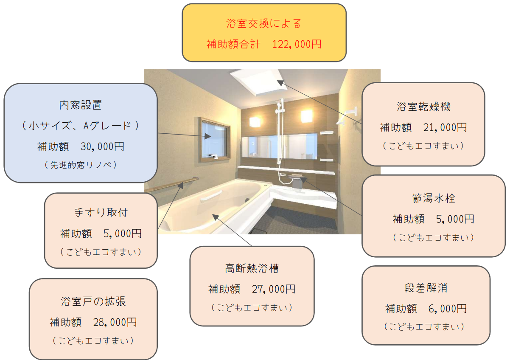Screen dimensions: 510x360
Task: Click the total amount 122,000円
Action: click(x=297, y=44)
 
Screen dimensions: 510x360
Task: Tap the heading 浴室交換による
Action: click(x=264, y=23)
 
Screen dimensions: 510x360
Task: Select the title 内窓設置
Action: click(x=80, y=105)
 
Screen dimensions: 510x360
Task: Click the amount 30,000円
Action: click(x=102, y=146)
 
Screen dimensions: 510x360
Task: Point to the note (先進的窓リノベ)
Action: click(x=81, y=165)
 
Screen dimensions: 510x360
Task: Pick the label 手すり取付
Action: click(x=101, y=213)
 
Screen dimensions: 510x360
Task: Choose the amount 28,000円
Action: click(x=115, y=322)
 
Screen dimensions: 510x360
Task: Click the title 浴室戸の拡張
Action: click(x=93, y=301)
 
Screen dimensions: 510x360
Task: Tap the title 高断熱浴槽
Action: click(x=252, y=268)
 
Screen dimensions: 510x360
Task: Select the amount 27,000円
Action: click(x=274, y=290)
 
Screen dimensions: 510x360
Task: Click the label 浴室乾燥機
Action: click(x=423, y=107)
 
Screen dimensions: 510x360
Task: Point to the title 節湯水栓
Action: click(x=434, y=198)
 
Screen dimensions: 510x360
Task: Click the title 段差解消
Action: click(x=426, y=288)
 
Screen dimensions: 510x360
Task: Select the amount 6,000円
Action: click(x=448, y=309)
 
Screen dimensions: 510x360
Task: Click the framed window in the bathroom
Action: click(x=214, y=140)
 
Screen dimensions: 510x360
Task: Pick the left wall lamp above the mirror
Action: click(x=255, y=122)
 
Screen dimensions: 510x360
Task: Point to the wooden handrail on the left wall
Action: click(x=171, y=185)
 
